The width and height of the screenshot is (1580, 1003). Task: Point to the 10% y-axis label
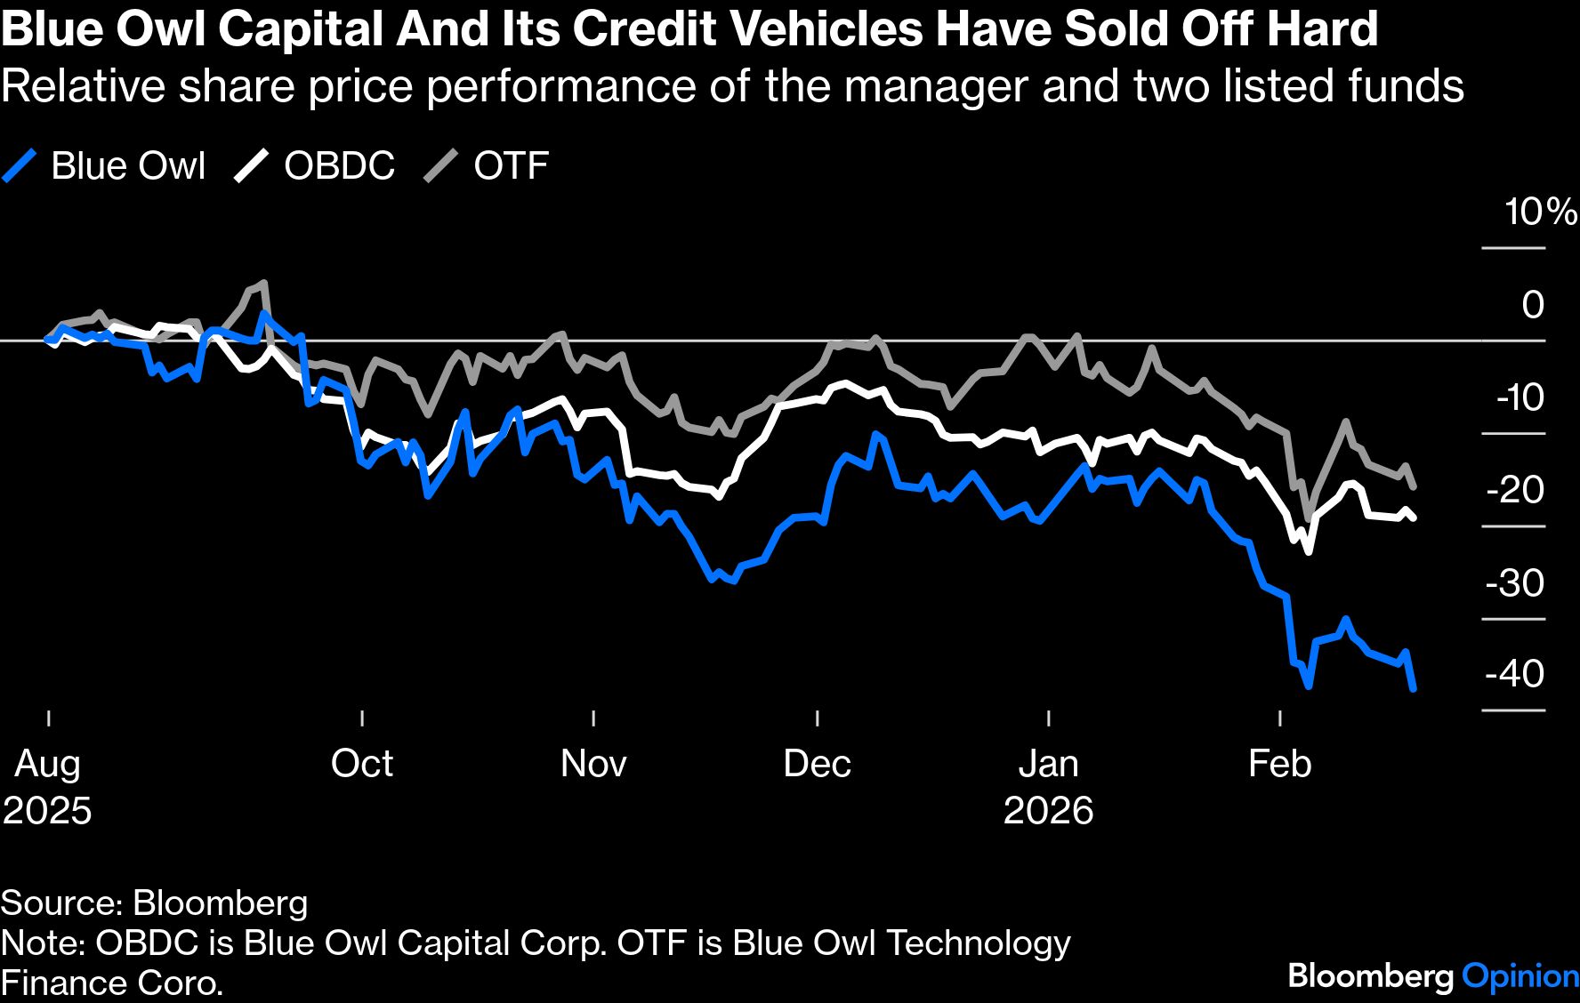pyautogui.click(x=1539, y=213)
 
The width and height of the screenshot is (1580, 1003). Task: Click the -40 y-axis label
pyautogui.click(x=1514, y=674)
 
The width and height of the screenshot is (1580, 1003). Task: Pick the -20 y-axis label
pyautogui.click(x=1515, y=490)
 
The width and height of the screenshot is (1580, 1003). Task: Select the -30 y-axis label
pyautogui.click(x=1514, y=583)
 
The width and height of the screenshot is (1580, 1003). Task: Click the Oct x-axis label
pyautogui.click(x=362, y=764)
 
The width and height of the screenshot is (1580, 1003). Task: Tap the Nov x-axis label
pyautogui.click(x=593, y=764)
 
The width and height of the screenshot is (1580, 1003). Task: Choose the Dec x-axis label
pyautogui.click(x=817, y=764)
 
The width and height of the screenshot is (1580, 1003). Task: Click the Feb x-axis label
pyautogui.click(x=1279, y=764)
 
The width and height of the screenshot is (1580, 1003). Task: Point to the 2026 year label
pyautogui.click(x=1048, y=811)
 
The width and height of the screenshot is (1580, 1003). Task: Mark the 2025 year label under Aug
pyautogui.click(x=47, y=811)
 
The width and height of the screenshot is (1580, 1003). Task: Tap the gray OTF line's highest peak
pyautogui.click(x=263, y=284)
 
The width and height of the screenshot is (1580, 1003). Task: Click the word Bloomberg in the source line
pyautogui.click(x=220, y=903)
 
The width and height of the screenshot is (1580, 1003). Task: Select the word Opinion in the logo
pyautogui.click(x=1520, y=976)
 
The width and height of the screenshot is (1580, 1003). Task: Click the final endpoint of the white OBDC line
pyautogui.click(x=1415, y=518)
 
